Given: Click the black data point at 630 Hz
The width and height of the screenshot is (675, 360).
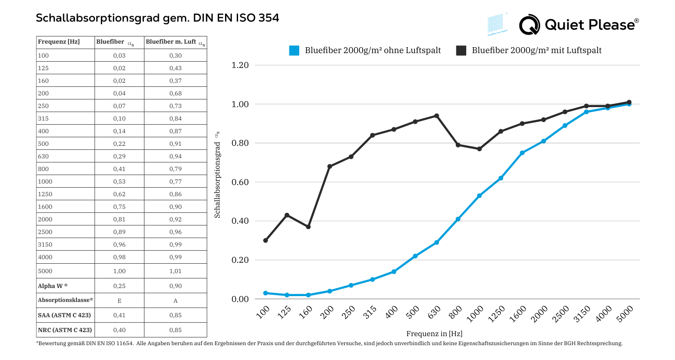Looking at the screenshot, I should click(436, 116).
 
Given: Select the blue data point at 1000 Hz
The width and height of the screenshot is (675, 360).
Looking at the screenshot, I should click(479, 196).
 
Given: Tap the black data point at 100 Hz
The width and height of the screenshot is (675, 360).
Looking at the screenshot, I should click(265, 240).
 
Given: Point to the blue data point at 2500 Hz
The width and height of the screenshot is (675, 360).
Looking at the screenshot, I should click(565, 126).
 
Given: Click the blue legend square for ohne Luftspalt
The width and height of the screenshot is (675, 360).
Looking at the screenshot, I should click(294, 50).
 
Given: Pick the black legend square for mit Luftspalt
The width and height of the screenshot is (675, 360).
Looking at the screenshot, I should click(461, 50).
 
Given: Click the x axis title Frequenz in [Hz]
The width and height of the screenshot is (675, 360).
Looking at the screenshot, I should click(434, 333).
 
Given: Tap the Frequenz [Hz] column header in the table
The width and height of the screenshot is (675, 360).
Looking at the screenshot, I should click(59, 42).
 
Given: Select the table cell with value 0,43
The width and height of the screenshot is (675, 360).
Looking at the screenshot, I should click(175, 68).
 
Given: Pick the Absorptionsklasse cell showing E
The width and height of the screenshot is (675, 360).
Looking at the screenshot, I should click(119, 300).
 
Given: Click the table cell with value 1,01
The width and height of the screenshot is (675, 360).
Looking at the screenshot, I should click(175, 271).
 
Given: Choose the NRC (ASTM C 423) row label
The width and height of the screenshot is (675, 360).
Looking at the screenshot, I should click(65, 330).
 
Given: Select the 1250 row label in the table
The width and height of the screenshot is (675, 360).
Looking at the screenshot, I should click(46, 194).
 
